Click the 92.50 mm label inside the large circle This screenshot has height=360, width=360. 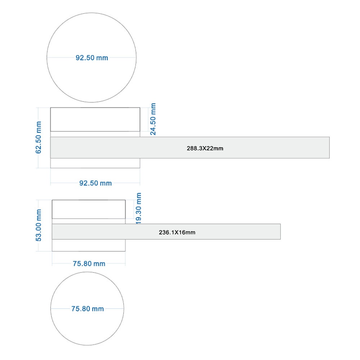tap(92, 58)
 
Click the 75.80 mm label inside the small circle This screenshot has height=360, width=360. tap(87, 309)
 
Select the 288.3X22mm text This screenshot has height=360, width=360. tap(205, 148)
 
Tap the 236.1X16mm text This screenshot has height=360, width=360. tap(177, 232)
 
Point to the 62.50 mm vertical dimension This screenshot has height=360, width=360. tap(39, 137)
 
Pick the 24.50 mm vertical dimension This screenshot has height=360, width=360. tap(153, 119)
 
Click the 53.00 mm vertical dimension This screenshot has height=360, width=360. tap(39, 225)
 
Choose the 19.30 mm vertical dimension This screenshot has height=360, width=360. tap(139, 208)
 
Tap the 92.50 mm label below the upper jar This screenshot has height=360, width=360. tap(95, 183)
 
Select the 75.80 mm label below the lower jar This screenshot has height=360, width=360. tap(89, 264)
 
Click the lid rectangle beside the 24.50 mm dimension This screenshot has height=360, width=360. tap(95, 120)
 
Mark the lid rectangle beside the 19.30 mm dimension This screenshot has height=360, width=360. tap(89, 209)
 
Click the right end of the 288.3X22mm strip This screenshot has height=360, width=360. tap(329, 148)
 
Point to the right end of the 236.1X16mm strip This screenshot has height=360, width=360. tap(280, 231)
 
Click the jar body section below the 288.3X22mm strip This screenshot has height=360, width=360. tap(95, 163)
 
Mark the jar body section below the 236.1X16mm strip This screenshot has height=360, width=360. tap(89, 245)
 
